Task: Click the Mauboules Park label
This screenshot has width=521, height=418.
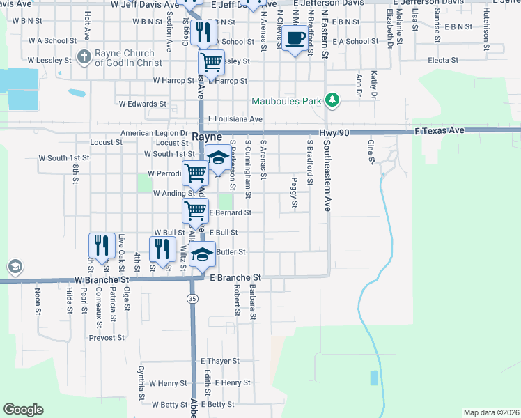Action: point(286,101)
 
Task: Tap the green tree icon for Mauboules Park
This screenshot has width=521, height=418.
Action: point(333,101)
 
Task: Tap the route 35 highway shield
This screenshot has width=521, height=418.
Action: point(192,298)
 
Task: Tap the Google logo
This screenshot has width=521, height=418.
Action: point(23,410)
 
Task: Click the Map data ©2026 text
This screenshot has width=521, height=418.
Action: point(490,412)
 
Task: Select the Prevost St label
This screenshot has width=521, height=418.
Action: point(106,338)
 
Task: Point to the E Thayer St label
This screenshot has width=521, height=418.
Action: point(220,361)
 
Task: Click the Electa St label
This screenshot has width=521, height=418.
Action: point(443,61)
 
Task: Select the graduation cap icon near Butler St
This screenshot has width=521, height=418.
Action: point(202,254)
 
